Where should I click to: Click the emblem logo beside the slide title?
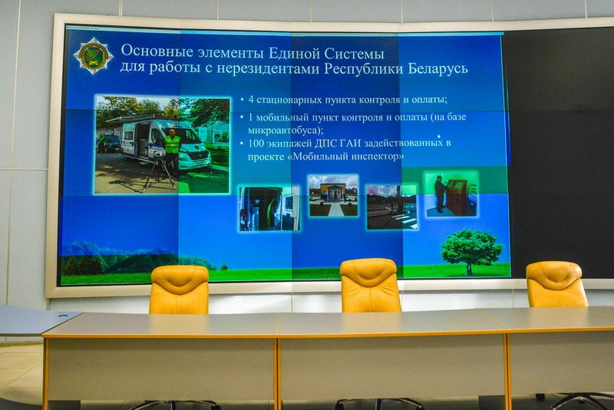(x=93, y=55)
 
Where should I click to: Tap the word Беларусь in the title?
(x=437, y=68)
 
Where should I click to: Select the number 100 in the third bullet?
(x=256, y=144)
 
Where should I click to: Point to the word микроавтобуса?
(x=283, y=130)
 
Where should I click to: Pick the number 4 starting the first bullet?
(x=251, y=99)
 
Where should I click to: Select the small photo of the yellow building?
(x=333, y=196)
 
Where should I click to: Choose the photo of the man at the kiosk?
(x=452, y=193)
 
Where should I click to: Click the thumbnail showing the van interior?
(x=269, y=208)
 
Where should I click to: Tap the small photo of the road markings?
(x=391, y=207)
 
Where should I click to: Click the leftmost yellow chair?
(x=179, y=289)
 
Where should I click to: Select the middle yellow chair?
(x=370, y=286)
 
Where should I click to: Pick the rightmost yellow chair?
(x=556, y=284)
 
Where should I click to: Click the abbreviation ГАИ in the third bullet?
(x=350, y=144)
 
